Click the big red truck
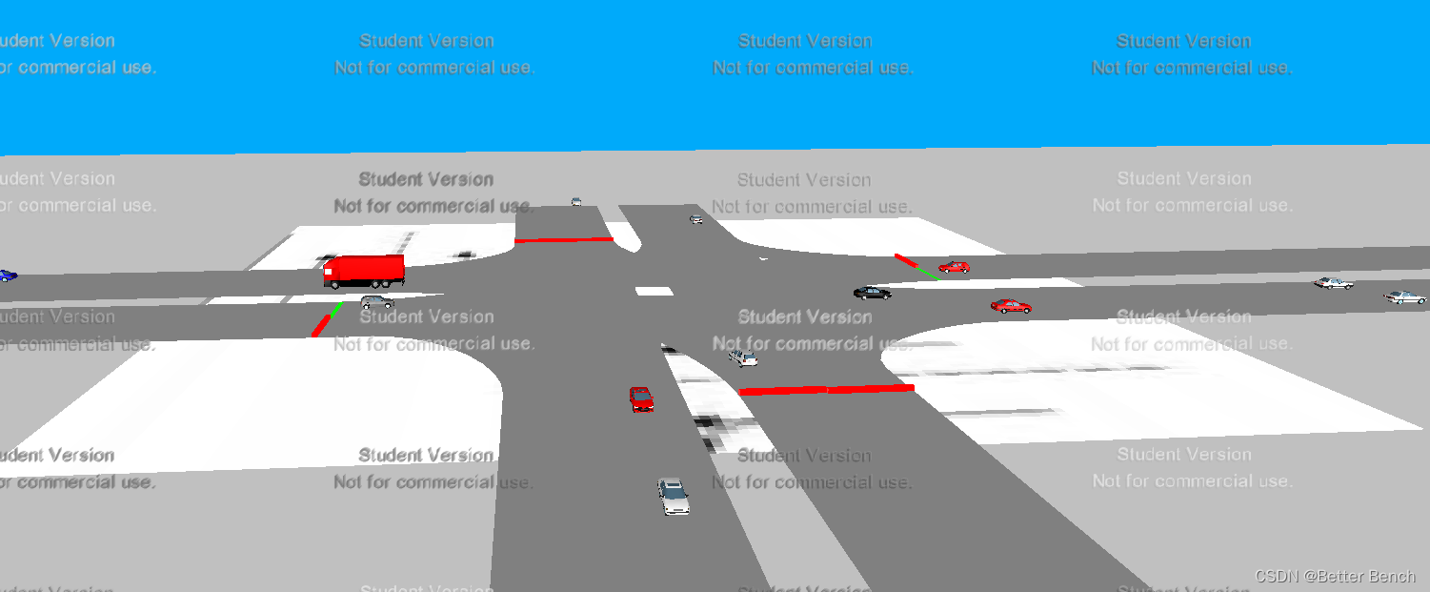(x=365, y=271)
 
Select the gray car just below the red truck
(x=377, y=302)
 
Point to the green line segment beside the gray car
(x=336, y=308)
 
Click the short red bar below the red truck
(x=321, y=325)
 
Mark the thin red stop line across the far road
(x=563, y=239)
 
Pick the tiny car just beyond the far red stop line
(x=576, y=202)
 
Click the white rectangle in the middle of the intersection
(x=654, y=291)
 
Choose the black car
(x=872, y=293)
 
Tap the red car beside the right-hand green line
(x=954, y=267)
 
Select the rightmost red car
(x=1011, y=306)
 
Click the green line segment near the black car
(x=925, y=272)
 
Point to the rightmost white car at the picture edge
(x=1405, y=297)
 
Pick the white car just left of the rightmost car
(x=1334, y=283)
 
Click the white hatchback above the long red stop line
(x=743, y=357)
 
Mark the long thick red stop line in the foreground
(x=826, y=389)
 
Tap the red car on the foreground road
(x=641, y=398)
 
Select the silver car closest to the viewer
(x=674, y=496)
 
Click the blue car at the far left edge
(x=7, y=276)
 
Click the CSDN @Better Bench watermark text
(x=1335, y=576)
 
